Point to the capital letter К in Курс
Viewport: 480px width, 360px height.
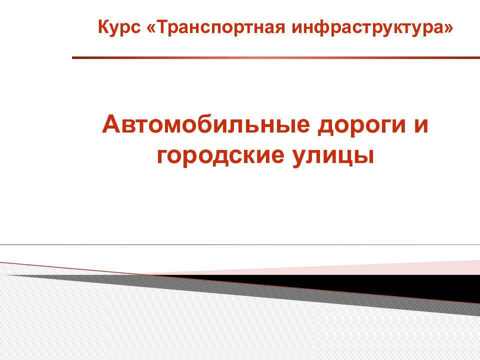[x=104, y=26]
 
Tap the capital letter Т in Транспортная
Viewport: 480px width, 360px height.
[x=164, y=26]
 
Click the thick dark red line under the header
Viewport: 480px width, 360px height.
[x=276, y=57]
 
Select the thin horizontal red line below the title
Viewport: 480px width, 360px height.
[x=240, y=245]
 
